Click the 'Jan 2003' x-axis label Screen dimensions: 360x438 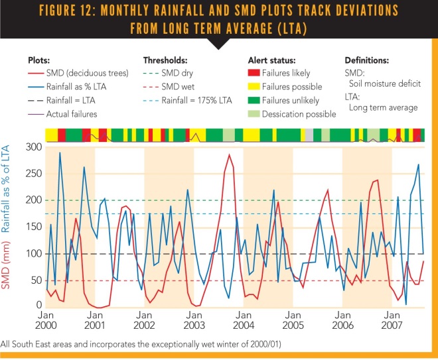tap(194, 321)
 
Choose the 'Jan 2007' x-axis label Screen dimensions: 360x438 tap(392, 321)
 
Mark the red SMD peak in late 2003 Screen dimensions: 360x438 tap(230, 155)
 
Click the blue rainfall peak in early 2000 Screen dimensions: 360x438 tap(60, 153)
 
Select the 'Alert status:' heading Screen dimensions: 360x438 tap(270, 59)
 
